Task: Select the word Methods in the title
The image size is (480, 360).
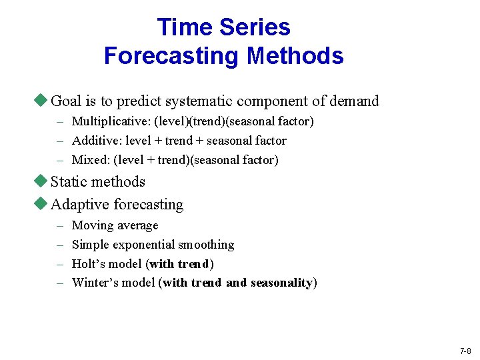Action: click(295, 55)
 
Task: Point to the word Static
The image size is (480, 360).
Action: click(70, 182)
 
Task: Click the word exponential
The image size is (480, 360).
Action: click(141, 245)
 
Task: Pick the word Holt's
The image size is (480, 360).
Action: click(88, 263)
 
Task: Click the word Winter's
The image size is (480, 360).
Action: click(93, 283)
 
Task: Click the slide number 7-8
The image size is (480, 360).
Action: click(465, 351)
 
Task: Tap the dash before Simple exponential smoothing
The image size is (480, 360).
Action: click(60, 245)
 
